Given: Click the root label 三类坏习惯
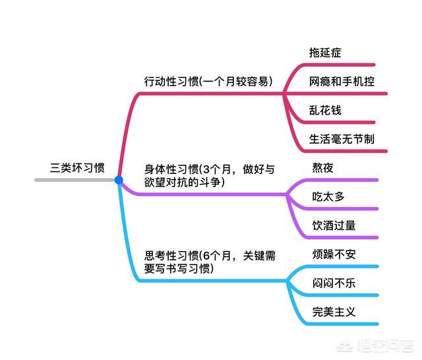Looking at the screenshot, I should (x=77, y=168).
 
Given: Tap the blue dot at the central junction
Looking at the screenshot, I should (x=119, y=179).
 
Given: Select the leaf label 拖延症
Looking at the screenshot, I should (x=325, y=51).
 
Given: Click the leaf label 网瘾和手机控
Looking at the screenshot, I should (x=342, y=82).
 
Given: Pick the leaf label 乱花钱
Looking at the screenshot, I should (x=325, y=110).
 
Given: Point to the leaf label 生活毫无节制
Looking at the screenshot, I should (x=342, y=139).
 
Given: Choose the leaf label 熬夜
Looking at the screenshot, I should (x=322, y=167).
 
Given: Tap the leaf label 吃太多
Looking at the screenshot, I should (x=328, y=196).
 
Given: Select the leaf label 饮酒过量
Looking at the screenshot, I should (x=334, y=225).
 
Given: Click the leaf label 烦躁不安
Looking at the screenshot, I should (x=334, y=254).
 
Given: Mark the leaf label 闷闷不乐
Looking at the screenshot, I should (x=334, y=283).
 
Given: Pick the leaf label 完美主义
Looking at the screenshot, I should (x=334, y=311).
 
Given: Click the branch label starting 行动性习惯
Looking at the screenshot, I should (x=208, y=82).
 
